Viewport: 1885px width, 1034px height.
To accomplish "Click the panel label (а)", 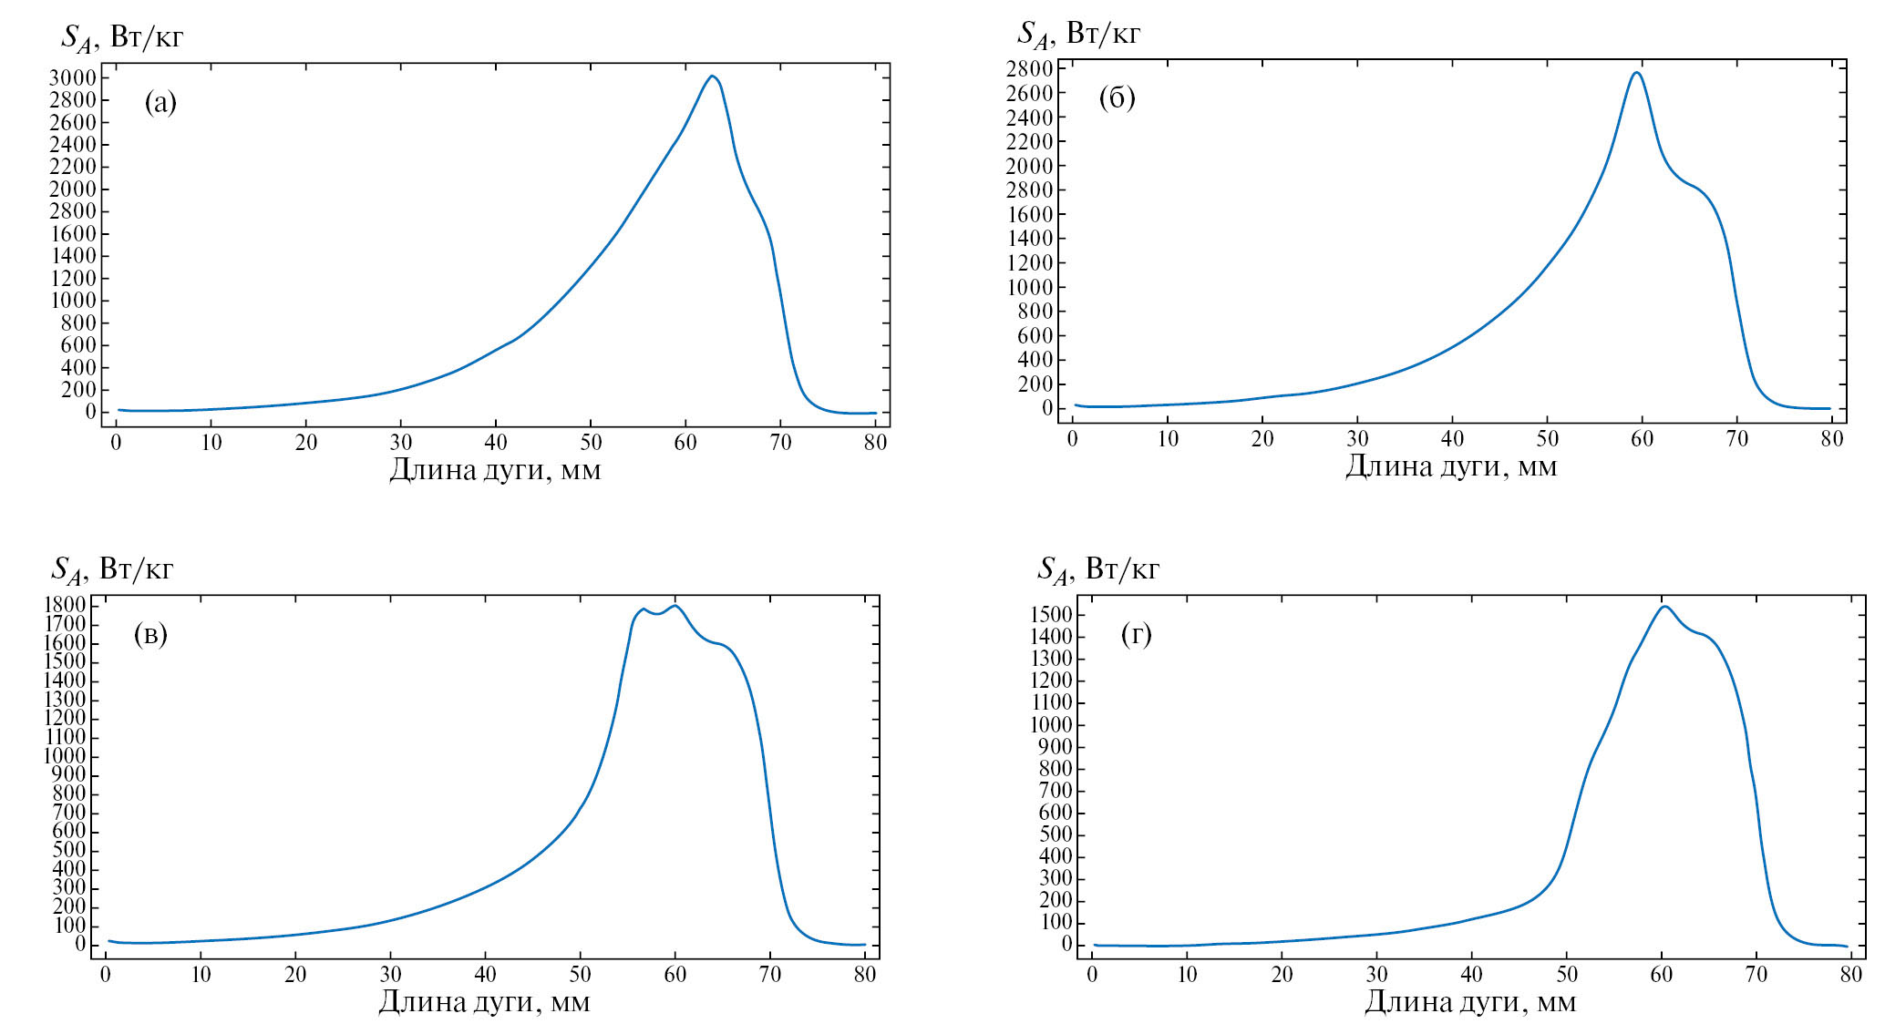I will pos(160,103).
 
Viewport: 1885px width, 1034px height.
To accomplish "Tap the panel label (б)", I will pos(1117,97).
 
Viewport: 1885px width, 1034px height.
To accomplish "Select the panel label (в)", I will pos(150,634).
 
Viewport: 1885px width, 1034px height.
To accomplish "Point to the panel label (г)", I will pos(1136,634).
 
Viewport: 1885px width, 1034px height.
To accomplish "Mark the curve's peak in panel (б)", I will pos(1637,72).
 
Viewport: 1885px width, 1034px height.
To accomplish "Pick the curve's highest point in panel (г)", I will pos(1664,606).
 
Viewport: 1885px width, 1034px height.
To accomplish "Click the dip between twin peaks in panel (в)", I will pos(656,614).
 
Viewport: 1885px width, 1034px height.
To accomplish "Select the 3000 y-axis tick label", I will pos(73,78).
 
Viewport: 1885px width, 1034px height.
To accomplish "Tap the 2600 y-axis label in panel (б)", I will pos(1029,93).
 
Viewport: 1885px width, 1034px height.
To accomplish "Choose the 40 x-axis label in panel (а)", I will pos(495,443).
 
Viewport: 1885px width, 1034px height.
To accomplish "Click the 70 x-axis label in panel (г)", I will pos(1756,975).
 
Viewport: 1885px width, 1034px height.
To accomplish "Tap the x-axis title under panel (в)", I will pos(484,1002).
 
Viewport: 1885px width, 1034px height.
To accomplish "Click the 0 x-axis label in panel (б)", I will pos(1072,439).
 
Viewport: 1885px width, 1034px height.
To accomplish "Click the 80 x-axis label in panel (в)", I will pos(864,975).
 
